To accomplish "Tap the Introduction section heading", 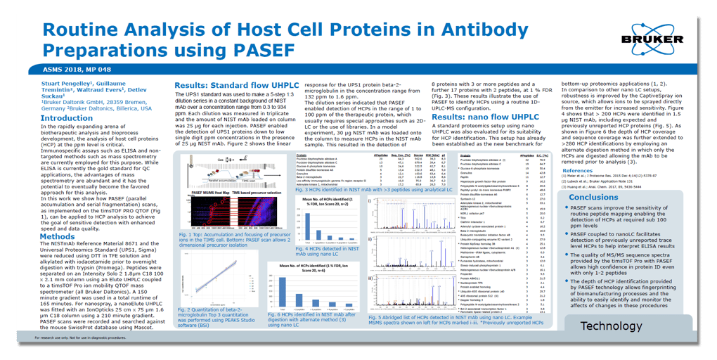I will (67, 118).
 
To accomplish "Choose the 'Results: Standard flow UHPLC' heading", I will (239, 86).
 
